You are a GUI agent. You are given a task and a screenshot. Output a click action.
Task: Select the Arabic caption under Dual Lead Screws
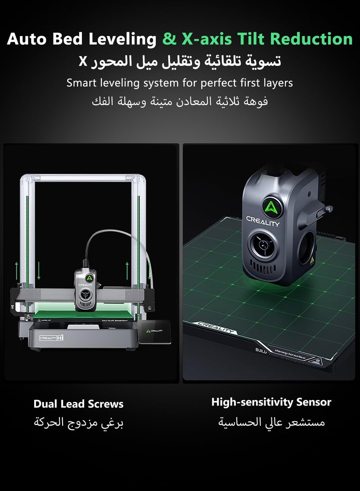click(79, 423)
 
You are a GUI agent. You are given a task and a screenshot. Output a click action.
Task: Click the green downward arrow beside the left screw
click(39, 270)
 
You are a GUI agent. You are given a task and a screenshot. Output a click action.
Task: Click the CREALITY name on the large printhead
click(262, 222)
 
